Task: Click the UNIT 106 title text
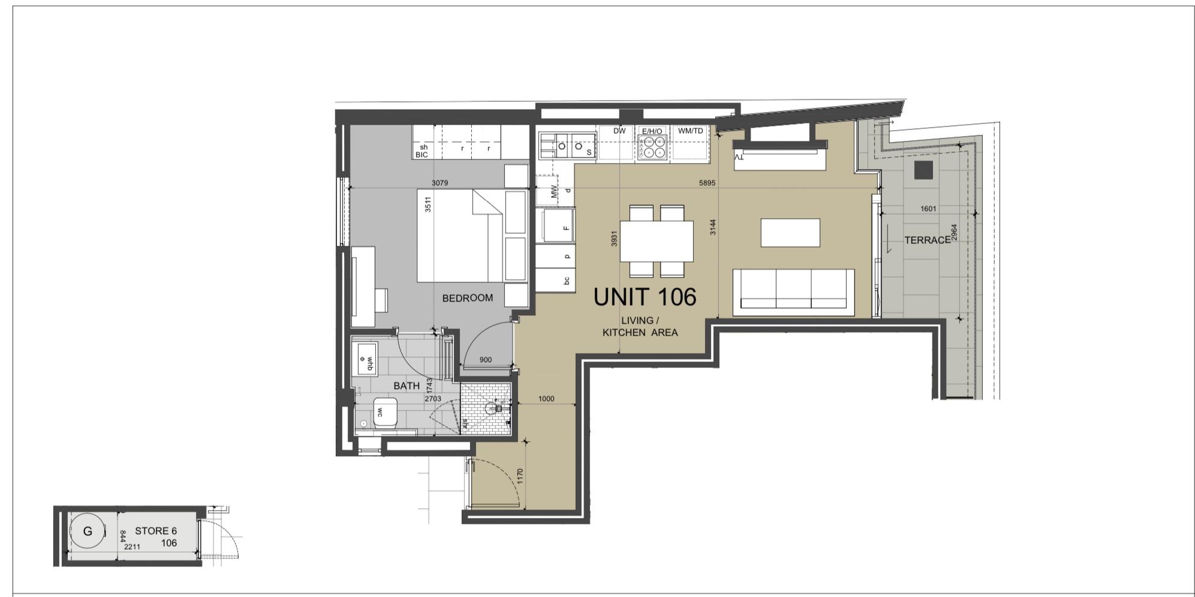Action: tap(645, 297)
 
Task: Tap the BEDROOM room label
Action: tap(468, 298)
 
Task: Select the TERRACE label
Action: tap(928, 240)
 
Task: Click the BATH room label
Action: tap(406, 386)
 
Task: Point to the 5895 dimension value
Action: tap(707, 183)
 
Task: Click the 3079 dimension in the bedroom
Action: tap(440, 183)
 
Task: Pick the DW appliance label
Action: tap(619, 131)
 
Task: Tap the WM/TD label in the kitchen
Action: tap(690, 131)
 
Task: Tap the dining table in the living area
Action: tap(657, 241)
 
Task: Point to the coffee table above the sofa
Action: tap(790, 233)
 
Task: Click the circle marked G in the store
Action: tap(88, 531)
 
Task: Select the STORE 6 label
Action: tap(156, 531)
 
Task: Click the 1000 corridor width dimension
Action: tap(546, 399)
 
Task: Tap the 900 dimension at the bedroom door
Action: tap(486, 360)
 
